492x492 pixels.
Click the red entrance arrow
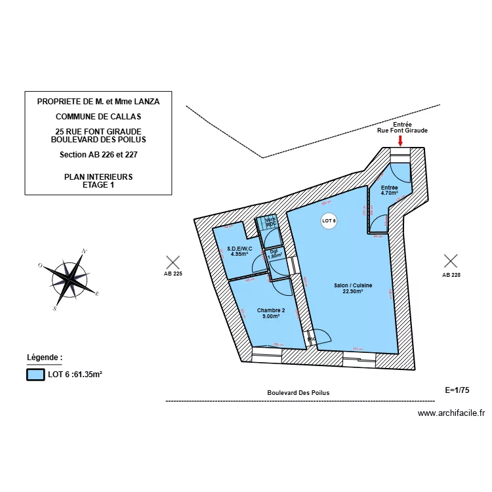(401, 140)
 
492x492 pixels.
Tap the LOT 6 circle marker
(329, 222)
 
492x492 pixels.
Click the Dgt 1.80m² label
(274, 253)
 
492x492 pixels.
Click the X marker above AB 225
(173, 262)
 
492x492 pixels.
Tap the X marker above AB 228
(451, 261)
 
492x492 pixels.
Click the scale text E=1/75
(457, 390)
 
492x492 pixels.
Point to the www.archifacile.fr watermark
(451, 413)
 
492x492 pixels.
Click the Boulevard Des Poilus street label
(298, 393)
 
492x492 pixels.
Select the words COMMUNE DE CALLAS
(98, 117)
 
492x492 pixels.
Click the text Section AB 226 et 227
(98, 155)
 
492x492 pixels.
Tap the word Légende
(44, 358)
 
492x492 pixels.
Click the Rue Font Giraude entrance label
(401, 131)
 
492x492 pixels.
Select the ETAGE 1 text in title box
(98, 185)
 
